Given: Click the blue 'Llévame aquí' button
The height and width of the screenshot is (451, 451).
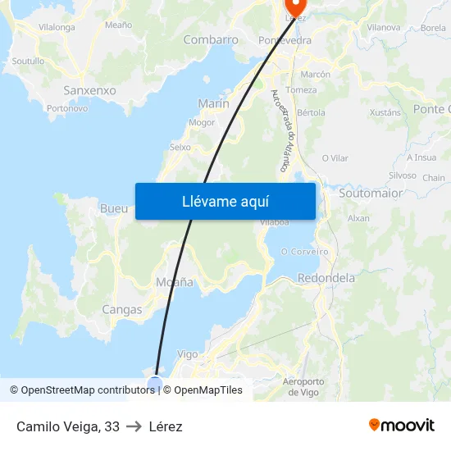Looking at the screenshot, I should [225, 201].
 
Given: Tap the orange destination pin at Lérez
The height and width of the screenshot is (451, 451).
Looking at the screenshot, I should [290, 9].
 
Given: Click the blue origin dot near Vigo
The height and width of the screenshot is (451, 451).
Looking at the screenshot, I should [155, 382].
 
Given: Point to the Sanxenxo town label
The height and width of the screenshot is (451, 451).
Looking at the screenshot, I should [89, 90].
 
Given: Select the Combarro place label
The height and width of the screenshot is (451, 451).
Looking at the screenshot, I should [211, 39].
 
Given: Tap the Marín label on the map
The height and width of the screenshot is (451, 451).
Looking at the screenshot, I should [213, 103].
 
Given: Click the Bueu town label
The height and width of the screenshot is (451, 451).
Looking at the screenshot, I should [113, 208].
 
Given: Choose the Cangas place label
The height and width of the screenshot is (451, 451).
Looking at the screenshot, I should [121, 310].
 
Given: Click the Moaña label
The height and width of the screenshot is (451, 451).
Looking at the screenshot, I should [175, 282].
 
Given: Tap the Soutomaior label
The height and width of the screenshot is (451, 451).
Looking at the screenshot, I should [371, 194].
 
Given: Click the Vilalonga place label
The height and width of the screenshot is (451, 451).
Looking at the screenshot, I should [57, 27].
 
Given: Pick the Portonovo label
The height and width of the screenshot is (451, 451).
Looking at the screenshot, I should [67, 107].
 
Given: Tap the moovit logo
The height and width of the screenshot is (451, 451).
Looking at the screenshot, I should [402, 426].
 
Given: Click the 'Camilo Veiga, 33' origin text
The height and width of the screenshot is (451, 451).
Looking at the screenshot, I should [68, 426].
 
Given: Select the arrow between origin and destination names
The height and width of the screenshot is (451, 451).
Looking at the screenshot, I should [134, 426].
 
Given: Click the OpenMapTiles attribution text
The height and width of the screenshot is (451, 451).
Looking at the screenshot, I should [207, 390].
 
